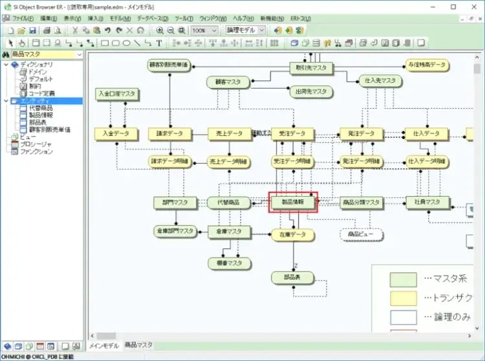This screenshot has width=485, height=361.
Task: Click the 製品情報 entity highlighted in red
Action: tap(293, 202)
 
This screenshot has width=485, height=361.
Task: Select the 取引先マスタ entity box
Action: tap(311, 67)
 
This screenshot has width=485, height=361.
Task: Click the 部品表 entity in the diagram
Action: tap(292, 278)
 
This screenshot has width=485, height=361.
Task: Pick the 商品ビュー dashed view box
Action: tap(361, 234)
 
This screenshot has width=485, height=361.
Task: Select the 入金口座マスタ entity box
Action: tap(117, 94)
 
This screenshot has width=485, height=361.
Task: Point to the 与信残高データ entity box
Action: tap(427, 65)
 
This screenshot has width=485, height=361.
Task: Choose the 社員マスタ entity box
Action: tap(427, 202)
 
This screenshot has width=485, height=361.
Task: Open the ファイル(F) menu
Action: tap(23, 19)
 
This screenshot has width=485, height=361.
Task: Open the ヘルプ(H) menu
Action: tap(243, 19)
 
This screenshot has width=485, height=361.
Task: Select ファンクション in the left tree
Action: tap(36, 151)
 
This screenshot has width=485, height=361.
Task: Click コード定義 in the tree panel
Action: tap(41, 93)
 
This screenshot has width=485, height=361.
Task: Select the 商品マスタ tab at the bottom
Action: tap(139, 345)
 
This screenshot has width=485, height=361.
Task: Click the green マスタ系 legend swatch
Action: tap(402, 279)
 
